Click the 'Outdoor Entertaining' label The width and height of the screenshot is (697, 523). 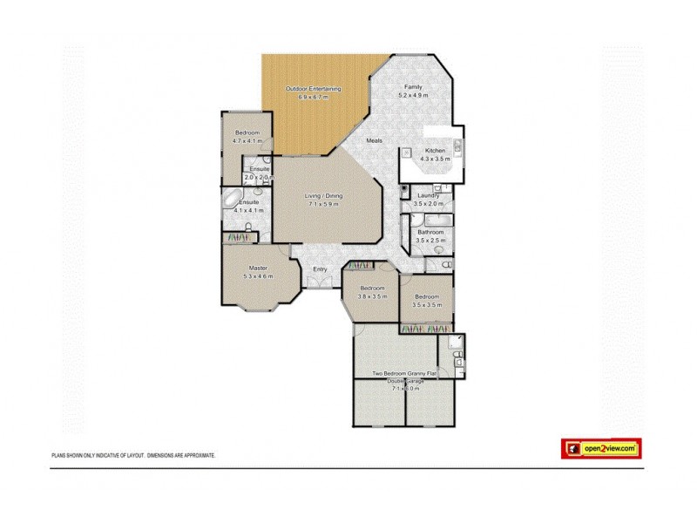315,89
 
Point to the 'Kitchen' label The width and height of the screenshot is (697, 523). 434,151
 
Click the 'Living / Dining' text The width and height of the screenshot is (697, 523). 323,196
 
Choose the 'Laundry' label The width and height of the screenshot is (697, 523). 428,195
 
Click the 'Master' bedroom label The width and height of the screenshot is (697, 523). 257,268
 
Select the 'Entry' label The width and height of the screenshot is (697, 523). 321,268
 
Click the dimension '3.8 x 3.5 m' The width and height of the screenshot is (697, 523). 372,295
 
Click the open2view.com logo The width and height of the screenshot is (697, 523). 600,449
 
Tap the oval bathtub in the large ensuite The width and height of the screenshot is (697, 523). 233,202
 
